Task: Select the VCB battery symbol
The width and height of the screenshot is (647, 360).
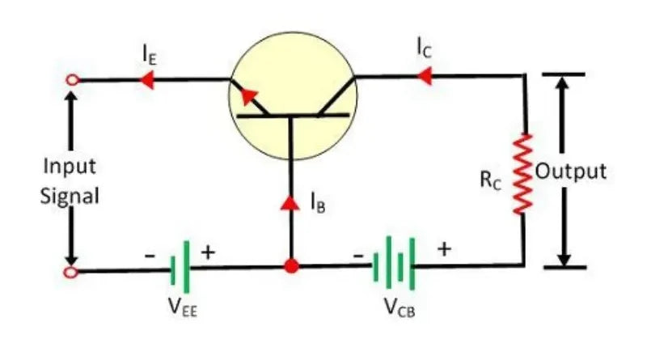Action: coord(395,264)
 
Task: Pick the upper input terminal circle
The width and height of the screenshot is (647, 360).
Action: coord(73,79)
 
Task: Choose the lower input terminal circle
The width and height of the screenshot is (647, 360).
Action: coord(73,272)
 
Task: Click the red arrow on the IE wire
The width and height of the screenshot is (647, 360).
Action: coord(147,79)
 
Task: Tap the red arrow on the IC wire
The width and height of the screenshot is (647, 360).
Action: coord(421,77)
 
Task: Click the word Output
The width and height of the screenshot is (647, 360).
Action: coord(573,172)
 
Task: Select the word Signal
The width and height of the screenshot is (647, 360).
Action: coord(70,197)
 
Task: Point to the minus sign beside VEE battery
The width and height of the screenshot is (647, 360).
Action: coord(150,254)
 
